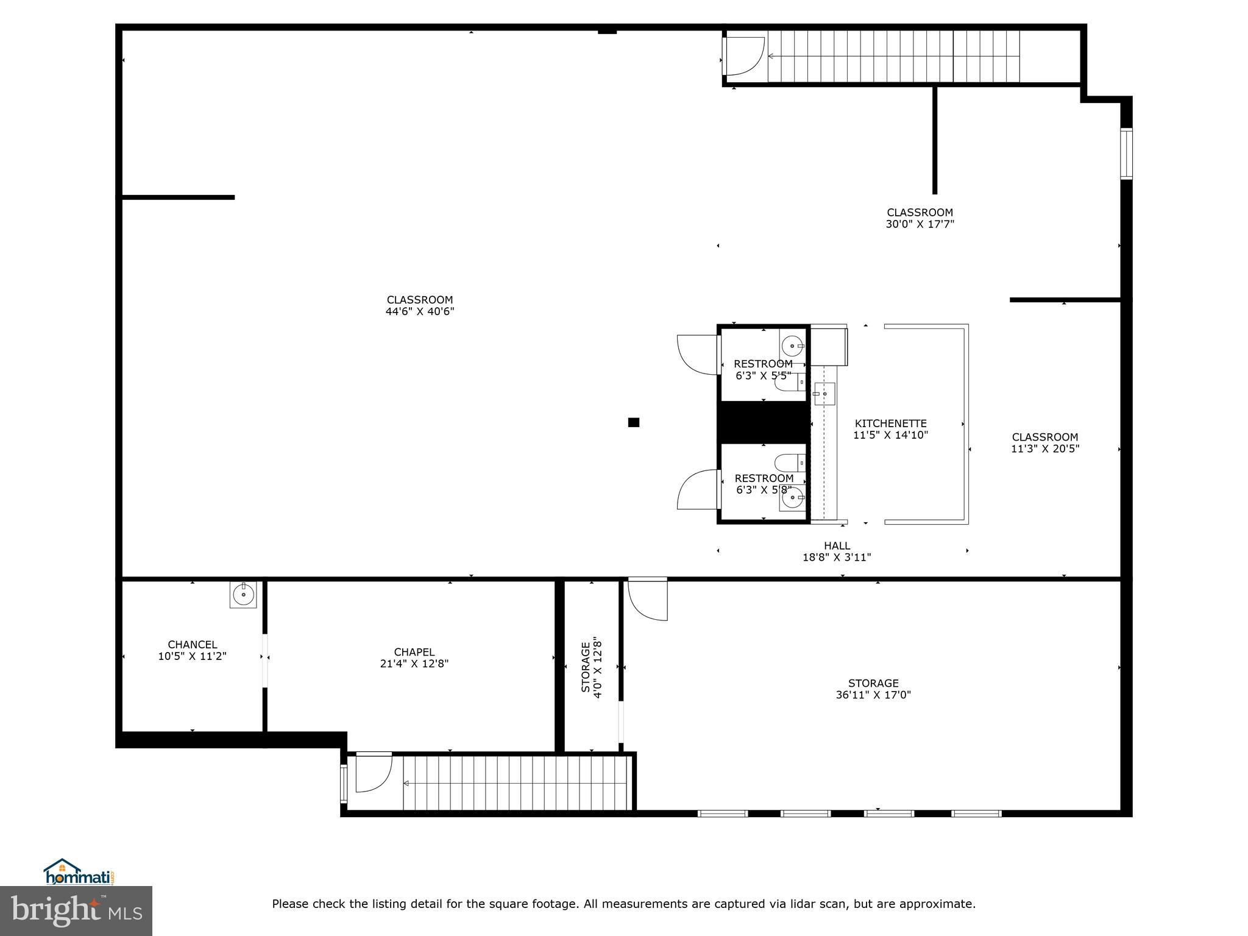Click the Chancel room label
192,645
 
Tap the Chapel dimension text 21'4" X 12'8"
414,664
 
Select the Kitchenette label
891,424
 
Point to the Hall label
837,546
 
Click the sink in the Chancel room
244,594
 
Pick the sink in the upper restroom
792,346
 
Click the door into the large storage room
648,599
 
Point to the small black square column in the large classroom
634,422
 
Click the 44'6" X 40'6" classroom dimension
420,311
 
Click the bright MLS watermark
76,910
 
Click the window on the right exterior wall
1126,154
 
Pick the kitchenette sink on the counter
824,394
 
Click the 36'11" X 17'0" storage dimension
873,695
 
